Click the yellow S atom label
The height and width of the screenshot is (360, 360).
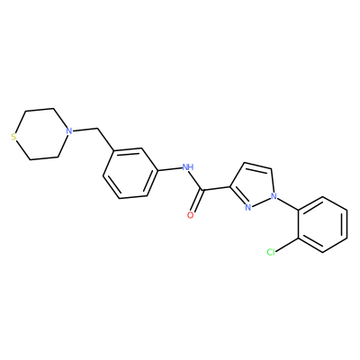pos(13,138)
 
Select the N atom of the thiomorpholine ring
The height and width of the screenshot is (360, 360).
pos(69,131)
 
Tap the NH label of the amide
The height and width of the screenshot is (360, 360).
pos(188,166)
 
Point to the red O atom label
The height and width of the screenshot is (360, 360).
pos(190,215)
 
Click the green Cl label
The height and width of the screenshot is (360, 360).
pos(271,253)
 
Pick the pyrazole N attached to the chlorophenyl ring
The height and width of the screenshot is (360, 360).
pos(274,196)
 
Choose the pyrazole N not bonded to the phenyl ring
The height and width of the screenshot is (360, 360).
pos(247,207)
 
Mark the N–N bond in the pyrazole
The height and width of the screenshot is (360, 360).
pos(261,202)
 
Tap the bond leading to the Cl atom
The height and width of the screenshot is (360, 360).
pos(287,246)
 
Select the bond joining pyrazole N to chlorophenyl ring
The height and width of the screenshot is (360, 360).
pos(288,203)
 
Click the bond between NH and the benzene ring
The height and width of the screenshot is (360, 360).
pos(170,169)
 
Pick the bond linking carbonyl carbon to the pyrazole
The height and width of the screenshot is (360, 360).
pos(216,189)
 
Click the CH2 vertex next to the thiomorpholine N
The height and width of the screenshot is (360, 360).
pos(98,129)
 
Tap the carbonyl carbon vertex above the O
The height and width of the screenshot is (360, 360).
pos(203,190)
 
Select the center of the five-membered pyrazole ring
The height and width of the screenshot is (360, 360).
pos(254,185)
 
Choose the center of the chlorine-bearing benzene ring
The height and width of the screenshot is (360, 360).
pos(323,224)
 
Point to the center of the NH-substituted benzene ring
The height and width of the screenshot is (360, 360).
pos(130,173)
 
